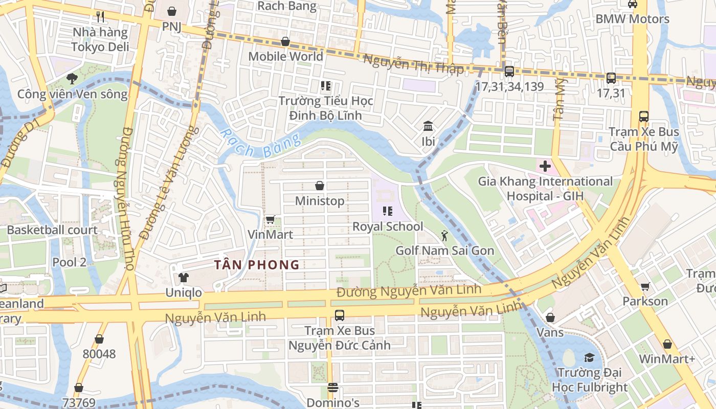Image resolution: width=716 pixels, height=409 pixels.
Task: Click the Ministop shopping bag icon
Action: pos(320,186)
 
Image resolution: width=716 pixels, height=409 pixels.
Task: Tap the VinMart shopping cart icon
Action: pos(270,220)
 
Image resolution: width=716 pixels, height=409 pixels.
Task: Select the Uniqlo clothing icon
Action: pos(183,278)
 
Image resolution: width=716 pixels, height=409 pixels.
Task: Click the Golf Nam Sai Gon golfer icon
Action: pos(444,236)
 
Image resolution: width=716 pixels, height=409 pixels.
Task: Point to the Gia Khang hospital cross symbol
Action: pos(545,166)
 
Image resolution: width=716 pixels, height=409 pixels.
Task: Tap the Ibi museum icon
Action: pos(428,126)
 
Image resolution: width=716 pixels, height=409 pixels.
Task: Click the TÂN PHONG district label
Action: pos(257,265)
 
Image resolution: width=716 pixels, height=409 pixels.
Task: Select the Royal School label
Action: pos(388,226)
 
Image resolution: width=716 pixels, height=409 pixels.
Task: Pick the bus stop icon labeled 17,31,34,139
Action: pos(509,72)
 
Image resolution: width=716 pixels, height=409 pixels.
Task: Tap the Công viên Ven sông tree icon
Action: pos(72,79)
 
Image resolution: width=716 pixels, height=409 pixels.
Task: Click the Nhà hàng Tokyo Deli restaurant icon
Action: pos(100,17)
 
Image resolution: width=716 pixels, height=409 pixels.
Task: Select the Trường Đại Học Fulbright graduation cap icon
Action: pos(590,357)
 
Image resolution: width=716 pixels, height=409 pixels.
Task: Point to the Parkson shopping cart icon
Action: pos(645,286)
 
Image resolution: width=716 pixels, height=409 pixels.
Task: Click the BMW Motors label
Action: pos(632,19)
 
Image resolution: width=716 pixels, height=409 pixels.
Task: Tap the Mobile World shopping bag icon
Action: pos(285,41)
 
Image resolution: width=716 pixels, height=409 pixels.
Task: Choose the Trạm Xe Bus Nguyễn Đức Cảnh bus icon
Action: pos(339,315)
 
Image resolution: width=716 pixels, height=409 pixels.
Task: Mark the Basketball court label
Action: pos(52,230)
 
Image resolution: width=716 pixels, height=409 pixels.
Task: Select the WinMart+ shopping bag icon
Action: pos(667,345)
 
